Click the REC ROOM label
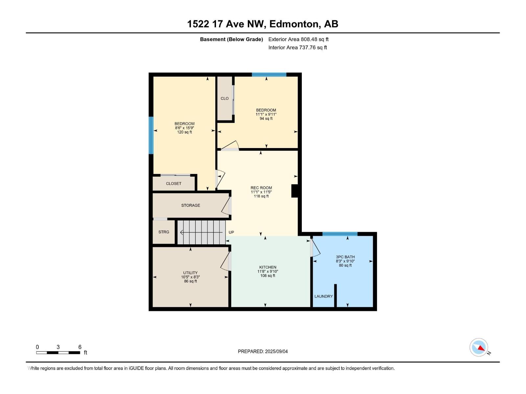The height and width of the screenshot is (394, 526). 261,188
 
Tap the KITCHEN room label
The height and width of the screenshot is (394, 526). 268,267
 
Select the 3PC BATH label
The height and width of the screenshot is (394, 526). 345,257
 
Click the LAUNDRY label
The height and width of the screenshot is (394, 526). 323,296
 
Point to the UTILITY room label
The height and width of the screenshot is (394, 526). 190,273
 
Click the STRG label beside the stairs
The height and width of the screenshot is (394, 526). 164,232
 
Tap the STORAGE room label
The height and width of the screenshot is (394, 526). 191,205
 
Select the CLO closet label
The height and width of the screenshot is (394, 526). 225,98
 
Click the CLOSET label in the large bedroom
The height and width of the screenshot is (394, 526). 174,184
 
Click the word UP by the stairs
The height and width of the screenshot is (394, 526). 231,232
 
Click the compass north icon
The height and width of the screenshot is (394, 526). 479,347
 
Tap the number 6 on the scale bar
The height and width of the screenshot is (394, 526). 80,347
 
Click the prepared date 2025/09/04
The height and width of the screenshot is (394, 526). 276,351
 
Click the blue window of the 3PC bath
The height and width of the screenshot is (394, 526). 340,234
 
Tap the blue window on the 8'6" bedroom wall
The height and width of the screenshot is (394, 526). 151,135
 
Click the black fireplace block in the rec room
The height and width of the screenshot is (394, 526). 295,191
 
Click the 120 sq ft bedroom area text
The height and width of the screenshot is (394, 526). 184,132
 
